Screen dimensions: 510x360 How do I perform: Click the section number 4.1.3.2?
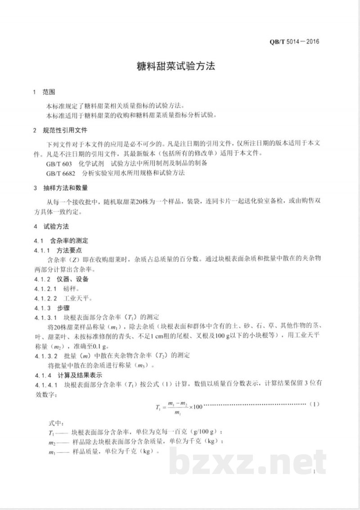coord(46,356)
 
